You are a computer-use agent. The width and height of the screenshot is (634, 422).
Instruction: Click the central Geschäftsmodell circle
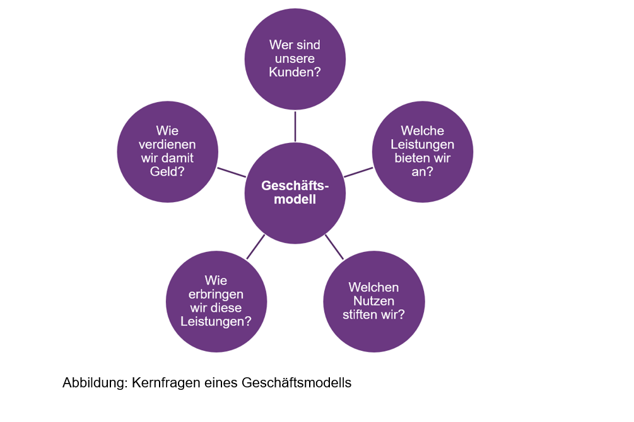pyautogui.click(x=295, y=193)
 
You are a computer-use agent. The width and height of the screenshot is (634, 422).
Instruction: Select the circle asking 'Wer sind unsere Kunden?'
pyautogui.click(x=295, y=59)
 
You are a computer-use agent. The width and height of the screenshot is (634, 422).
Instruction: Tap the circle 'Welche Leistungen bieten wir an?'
pyautogui.click(x=423, y=152)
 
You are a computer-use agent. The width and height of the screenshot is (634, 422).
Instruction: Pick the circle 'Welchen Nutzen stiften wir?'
pyautogui.click(x=374, y=301)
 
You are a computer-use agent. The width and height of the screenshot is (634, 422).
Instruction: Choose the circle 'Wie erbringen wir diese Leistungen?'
pyautogui.click(x=216, y=301)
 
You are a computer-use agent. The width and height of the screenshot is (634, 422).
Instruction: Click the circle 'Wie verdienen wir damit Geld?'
pyautogui.click(x=168, y=152)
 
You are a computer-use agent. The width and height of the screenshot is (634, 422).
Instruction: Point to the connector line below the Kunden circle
pyautogui.click(x=295, y=127)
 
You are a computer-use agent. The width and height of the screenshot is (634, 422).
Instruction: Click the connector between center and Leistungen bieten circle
pyautogui.click(x=358, y=173)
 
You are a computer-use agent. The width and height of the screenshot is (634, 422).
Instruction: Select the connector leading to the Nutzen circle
pyautogui.click(x=334, y=247)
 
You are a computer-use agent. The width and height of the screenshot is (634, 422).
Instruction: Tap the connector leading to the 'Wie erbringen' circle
pyautogui.click(x=255, y=247)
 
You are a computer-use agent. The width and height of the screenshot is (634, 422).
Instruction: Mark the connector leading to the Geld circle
pyautogui.click(x=232, y=173)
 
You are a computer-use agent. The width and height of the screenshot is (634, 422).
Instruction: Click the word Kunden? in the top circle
pyautogui.click(x=295, y=72)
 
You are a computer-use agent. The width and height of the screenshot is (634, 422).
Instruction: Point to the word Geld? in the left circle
pyautogui.click(x=167, y=171)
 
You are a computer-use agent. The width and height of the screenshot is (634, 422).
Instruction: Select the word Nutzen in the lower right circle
pyautogui.click(x=373, y=301)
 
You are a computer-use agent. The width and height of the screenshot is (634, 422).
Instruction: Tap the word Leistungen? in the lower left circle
pyautogui.click(x=216, y=321)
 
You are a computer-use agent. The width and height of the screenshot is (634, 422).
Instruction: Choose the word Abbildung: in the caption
pyautogui.click(x=95, y=382)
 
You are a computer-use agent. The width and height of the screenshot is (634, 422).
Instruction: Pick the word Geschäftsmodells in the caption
pyautogui.click(x=296, y=382)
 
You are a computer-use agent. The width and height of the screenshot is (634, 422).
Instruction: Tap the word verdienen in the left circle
pyautogui.click(x=167, y=144)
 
